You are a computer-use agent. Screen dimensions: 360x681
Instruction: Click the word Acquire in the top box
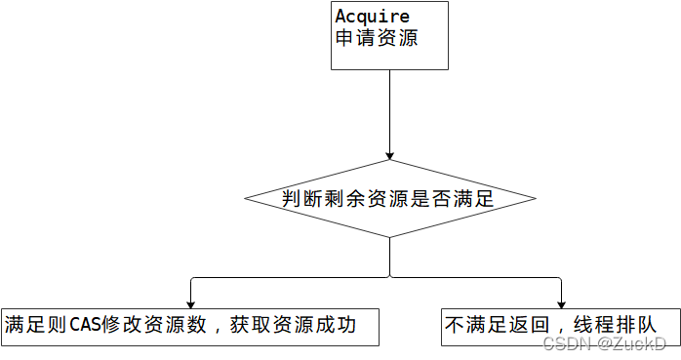[373, 17]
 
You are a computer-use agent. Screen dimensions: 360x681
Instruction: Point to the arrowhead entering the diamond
[390, 155]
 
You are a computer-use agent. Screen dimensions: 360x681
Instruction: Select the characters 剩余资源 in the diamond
[368, 199]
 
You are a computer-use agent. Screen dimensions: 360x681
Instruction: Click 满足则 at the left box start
[36, 325]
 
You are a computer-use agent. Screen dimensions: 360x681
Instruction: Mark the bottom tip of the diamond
[390, 236]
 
